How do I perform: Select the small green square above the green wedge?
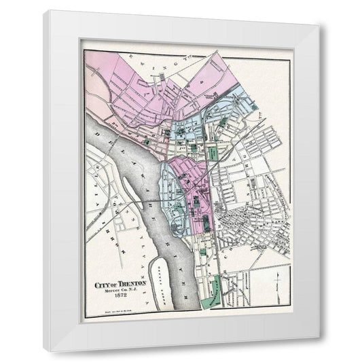click(x=202, y=252)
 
